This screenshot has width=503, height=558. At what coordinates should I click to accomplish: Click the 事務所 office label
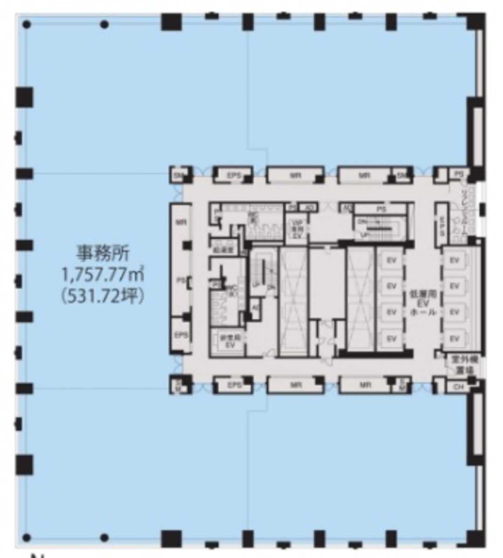pos(104,254)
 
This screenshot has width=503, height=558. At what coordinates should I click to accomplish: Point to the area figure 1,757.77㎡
pos(103,275)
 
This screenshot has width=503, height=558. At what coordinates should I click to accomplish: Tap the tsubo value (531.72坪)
pos(103,296)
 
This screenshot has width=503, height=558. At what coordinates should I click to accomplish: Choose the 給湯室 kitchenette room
pos(223,248)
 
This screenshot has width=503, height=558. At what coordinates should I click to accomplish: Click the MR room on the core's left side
pos(181,222)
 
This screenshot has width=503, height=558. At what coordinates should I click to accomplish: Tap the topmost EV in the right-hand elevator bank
pos(455,261)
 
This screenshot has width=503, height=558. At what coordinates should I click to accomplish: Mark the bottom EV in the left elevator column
pos(391,338)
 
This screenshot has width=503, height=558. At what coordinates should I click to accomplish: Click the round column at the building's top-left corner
pos(27,24)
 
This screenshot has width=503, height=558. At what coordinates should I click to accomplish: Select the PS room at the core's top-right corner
pos(459,174)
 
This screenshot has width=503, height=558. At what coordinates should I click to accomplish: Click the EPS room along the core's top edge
pos(233,176)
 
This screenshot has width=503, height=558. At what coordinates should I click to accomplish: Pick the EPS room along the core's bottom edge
pos(233,385)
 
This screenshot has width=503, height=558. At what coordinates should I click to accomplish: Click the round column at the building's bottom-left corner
pos(27,537)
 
